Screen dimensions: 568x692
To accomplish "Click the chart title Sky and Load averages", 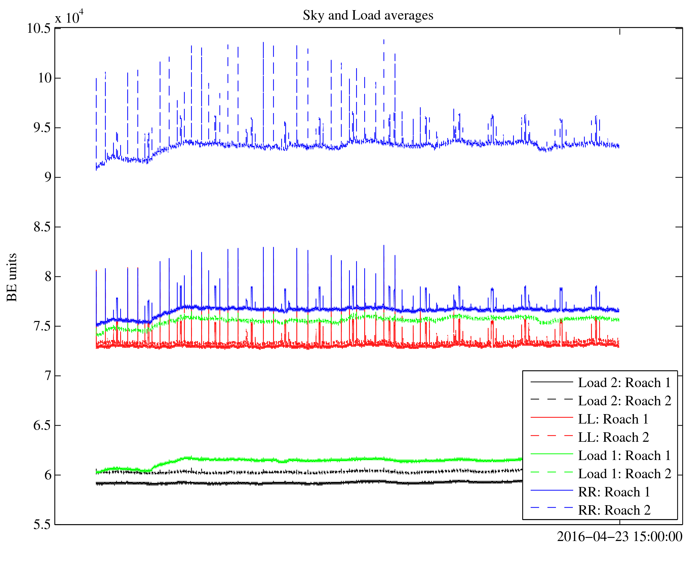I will point(368,16).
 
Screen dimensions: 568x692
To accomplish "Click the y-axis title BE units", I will point(12,277).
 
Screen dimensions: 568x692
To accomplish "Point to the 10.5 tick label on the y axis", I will point(39,28).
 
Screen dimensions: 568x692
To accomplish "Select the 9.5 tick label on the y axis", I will point(42,128).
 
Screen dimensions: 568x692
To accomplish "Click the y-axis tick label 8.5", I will point(42,227).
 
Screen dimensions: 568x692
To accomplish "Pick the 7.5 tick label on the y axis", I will point(42,326).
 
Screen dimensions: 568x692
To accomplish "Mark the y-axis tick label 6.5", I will point(42,425).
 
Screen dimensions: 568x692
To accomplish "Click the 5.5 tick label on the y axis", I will point(42,524).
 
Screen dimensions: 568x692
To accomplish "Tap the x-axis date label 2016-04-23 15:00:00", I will point(619,537).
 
